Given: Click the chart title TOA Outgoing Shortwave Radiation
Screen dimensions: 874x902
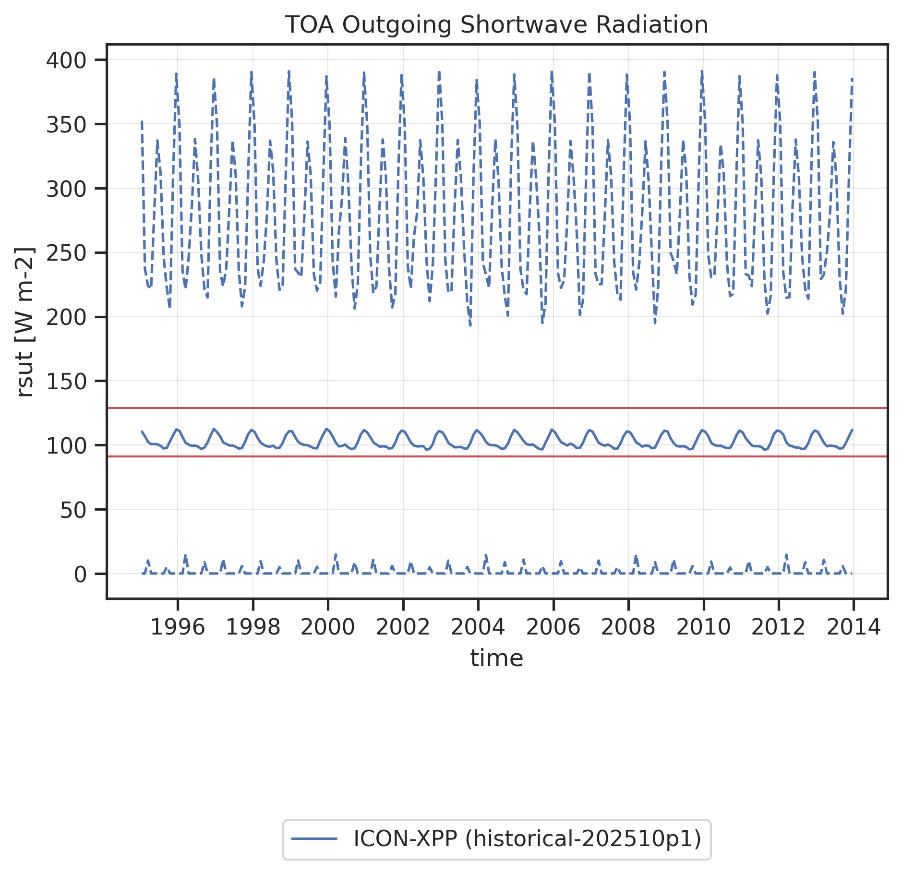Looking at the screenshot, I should pyautogui.click(x=496, y=25).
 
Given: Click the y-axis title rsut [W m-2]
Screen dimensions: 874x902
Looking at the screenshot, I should pyautogui.click(x=25, y=322).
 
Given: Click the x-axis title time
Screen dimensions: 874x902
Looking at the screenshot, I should pyautogui.click(x=496, y=658).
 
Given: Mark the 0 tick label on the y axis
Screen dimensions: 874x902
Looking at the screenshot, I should pyautogui.click(x=80, y=575).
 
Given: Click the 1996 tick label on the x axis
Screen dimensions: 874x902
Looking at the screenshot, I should pyautogui.click(x=178, y=627).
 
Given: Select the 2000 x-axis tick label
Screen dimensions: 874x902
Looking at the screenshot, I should pyautogui.click(x=328, y=627).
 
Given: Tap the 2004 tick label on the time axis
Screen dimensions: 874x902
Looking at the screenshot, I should pyautogui.click(x=478, y=627).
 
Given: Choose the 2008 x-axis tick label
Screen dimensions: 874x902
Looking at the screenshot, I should pyautogui.click(x=628, y=627).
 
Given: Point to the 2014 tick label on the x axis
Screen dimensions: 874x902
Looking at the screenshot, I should pyautogui.click(x=853, y=627).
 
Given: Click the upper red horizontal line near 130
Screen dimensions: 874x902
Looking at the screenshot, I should pyautogui.click(x=496, y=408).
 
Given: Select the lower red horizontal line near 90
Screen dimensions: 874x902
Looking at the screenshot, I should pyautogui.click(x=496, y=456).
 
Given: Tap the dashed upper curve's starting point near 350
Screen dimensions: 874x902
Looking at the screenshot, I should pyautogui.click(x=142, y=122).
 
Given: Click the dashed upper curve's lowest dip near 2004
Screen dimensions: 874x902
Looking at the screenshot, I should pyautogui.click(x=470, y=326).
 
